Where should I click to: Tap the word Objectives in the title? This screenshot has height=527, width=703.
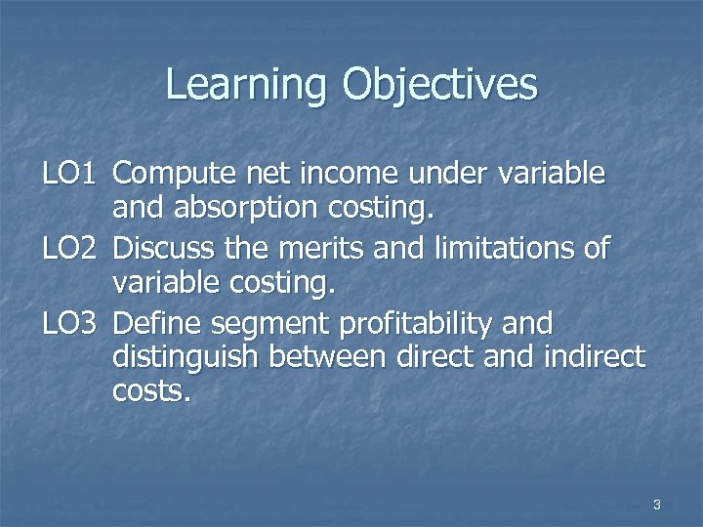tap(439, 86)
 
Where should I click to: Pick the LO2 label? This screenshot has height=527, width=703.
tap(68, 249)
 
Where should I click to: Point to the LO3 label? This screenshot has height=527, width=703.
tap(68, 323)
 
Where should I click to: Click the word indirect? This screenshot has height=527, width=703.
tap(594, 357)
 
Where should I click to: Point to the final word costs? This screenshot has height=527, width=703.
tap(153, 393)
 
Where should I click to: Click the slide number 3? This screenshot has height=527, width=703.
tap(656, 505)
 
